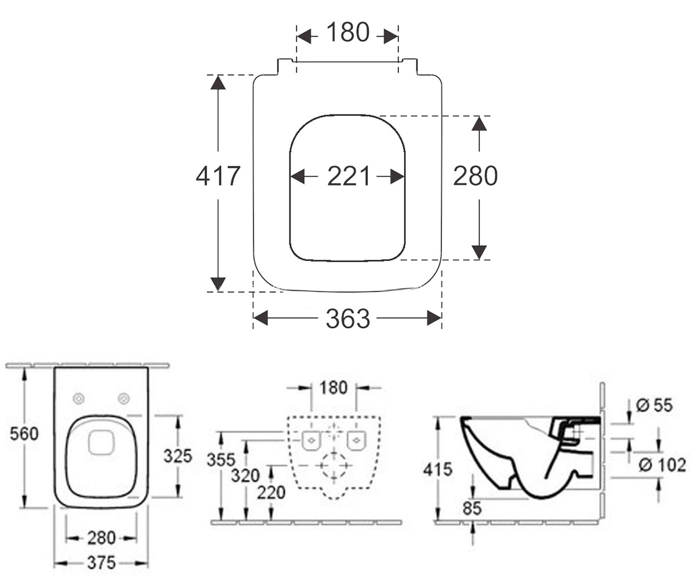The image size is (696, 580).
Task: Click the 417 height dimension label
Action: (218, 176)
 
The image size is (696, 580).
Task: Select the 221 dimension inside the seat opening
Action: (349, 176)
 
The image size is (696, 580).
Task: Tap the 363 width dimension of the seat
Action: (347, 318)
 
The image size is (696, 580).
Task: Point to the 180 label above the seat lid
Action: (347, 32)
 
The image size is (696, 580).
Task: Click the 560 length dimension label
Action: (24, 434)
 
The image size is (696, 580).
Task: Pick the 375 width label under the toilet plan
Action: (101, 563)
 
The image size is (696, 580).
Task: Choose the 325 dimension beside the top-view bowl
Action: (177, 456)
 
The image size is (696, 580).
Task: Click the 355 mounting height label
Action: (221, 460)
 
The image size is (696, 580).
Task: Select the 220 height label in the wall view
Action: (271, 492)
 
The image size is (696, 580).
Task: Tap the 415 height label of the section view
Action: (438, 469)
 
